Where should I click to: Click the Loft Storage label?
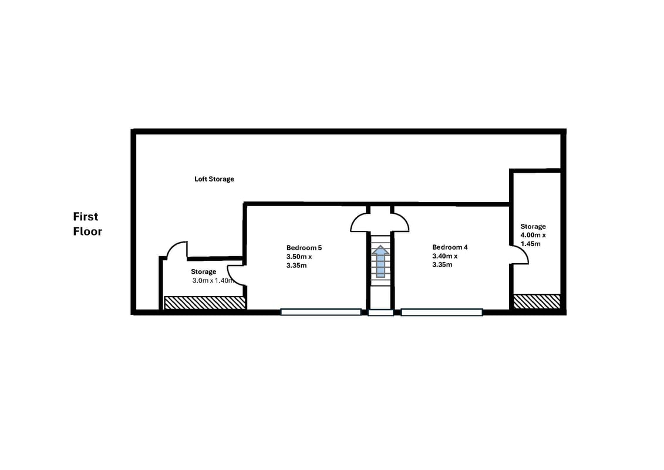pos(214,179)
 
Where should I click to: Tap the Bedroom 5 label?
pos(304,247)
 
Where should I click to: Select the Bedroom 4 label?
pos(450,247)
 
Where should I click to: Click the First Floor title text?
pos(87,224)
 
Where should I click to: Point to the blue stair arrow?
pos(380,261)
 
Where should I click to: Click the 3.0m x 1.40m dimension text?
pos(213,281)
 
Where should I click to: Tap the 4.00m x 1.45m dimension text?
pos(533,240)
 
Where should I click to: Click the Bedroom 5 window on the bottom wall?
pos(321,313)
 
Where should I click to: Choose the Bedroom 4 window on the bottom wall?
pos(441,313)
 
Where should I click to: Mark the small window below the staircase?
pos(380,313)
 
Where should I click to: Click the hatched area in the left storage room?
pos(204,303)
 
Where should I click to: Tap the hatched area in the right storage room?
pos(537,301)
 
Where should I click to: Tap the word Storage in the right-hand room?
pos(533,226)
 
